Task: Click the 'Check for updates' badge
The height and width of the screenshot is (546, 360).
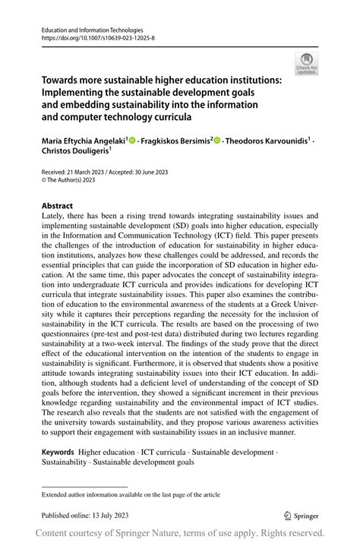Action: tap(307, 64)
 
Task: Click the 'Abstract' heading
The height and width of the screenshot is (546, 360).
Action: tap(58, 206)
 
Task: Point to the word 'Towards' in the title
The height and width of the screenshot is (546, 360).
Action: tap(63, 79)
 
